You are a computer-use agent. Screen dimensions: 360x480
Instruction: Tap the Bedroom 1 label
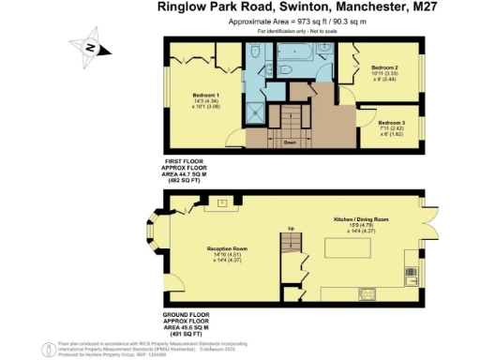(206, 96)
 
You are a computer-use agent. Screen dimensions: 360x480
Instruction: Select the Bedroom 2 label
(384, 68)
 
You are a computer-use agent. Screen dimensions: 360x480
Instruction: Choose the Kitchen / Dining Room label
(361, 218)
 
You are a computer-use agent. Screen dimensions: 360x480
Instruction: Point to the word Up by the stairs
(291, 229)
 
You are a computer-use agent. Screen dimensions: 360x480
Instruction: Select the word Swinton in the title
(299, 11)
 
